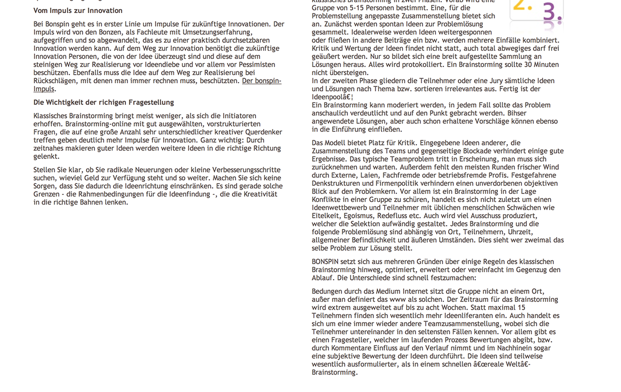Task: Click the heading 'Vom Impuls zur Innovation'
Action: pyautogui.click(x=78, y=11)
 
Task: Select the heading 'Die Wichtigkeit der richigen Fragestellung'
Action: pyautogui.click(x=104, y=103)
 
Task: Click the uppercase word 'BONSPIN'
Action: pyautogui.click(x=325, y=262)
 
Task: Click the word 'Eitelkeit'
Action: pyautogui.click(x=326, y=215)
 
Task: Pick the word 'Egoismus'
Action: pyautogui.click(x=360, y=215)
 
